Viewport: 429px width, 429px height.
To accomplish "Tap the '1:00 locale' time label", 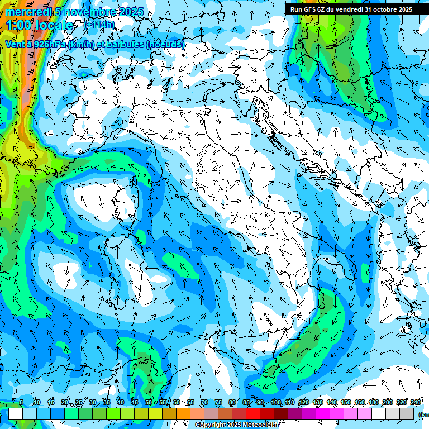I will click(x=39, y=25).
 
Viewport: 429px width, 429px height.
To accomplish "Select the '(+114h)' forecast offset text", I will click(x=99, y=25).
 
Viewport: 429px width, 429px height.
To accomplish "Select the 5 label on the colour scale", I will click(x=21, y=402).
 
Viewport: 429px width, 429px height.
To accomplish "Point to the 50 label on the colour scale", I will click(x=148, y=402).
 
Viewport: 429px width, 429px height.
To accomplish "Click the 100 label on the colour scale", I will click(x=275, y=402).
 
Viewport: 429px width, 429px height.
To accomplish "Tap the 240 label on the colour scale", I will click(x=415, y=402).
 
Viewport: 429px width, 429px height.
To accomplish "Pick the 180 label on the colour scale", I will click(x=373, y=402).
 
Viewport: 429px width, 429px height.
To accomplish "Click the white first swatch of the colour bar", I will click(x=16, y=413).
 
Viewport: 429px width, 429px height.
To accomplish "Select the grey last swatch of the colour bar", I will click(x=407, y=413).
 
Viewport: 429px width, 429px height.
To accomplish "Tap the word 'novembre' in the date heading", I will click(x=84, y=12).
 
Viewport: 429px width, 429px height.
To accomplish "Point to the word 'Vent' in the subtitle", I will click(x=15, y=44).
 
